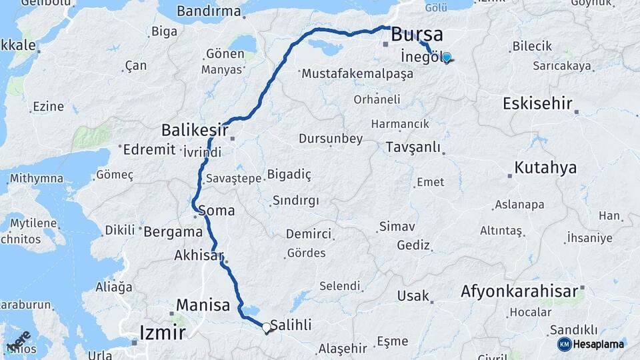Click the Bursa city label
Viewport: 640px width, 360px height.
(x=417, y=34)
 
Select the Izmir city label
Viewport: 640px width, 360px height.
(x=161, y=331)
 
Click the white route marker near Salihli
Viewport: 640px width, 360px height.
(x=266, y=327)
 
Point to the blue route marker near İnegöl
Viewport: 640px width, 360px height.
(x=446, y=58)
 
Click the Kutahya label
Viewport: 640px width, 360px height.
(x=545, y=167)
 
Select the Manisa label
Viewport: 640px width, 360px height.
(x=203, y=305)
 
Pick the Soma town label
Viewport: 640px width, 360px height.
(x=217, y=211)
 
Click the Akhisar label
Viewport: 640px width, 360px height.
(x=198, y=255)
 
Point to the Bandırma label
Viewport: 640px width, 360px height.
(x=209, y=11)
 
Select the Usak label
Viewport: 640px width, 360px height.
(x=413, y=295)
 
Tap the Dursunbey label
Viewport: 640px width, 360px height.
(x=331, y=139)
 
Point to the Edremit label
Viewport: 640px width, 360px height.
(x=149, y=150)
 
